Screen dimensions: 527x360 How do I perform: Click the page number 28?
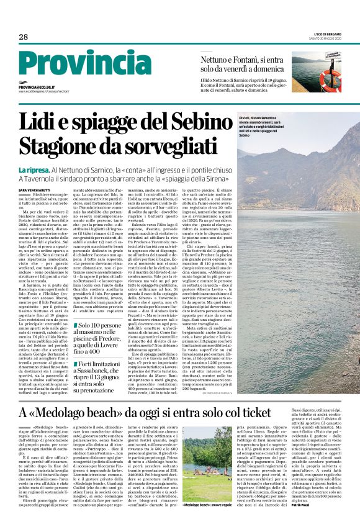point(24,37)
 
